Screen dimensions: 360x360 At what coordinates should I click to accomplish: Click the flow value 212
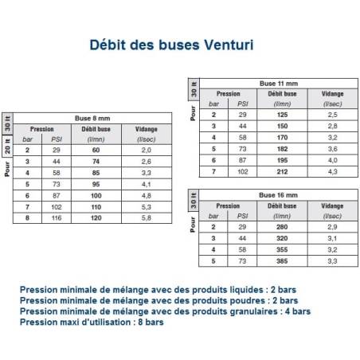tap(281, 171)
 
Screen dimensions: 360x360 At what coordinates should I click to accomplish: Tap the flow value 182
tap(281, 149)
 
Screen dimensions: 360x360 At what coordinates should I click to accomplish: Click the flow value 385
tap(281, 260)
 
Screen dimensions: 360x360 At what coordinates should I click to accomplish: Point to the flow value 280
tap(281, 227)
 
